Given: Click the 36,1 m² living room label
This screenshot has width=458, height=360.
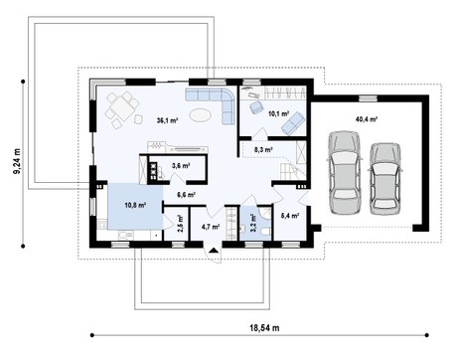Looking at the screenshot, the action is tap(168, 120).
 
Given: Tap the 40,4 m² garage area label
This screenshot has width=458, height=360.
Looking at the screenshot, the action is tap(367, 119).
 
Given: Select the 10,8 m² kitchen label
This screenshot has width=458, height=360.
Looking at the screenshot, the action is tap(135, 205).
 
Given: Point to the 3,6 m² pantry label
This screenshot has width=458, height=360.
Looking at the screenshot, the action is tap(181, 165).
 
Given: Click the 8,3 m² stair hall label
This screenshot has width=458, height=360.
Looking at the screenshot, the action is tap(263, 149).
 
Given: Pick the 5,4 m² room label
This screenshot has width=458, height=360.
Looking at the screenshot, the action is tap(290, 216).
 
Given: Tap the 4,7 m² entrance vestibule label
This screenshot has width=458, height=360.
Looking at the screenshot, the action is tap(211, 227).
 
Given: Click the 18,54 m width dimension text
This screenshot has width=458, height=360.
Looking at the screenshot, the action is tap(264, 328).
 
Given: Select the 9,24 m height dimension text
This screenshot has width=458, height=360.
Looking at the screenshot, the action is tap(16, 161).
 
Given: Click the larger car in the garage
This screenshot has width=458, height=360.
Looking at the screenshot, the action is tap(344, 172).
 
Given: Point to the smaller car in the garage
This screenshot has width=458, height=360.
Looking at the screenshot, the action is tap(384, 179).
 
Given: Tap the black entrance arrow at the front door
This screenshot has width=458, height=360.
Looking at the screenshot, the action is tap(214, 251).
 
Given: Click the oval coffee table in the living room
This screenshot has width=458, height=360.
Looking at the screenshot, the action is tap(200, 115).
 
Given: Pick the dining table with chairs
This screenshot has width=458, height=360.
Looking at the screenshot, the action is tap(122, 108).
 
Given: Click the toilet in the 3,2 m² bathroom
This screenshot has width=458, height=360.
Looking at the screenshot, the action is tap(265, 232).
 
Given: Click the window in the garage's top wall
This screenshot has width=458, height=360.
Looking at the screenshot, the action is tap(368, 98).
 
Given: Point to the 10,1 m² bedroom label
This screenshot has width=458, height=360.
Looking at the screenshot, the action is tap(279, 113).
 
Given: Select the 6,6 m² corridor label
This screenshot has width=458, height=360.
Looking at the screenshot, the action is tap(186, 195).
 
